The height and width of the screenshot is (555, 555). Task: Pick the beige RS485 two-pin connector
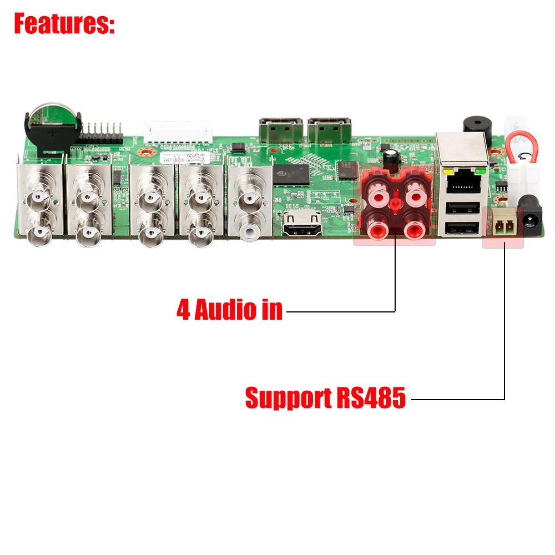tap(502, 224)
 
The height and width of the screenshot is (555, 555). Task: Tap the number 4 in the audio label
tap(183, 309)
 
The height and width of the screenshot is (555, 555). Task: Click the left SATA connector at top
tap(280, 130)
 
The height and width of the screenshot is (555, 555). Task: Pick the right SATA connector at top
tap(330, 130)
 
